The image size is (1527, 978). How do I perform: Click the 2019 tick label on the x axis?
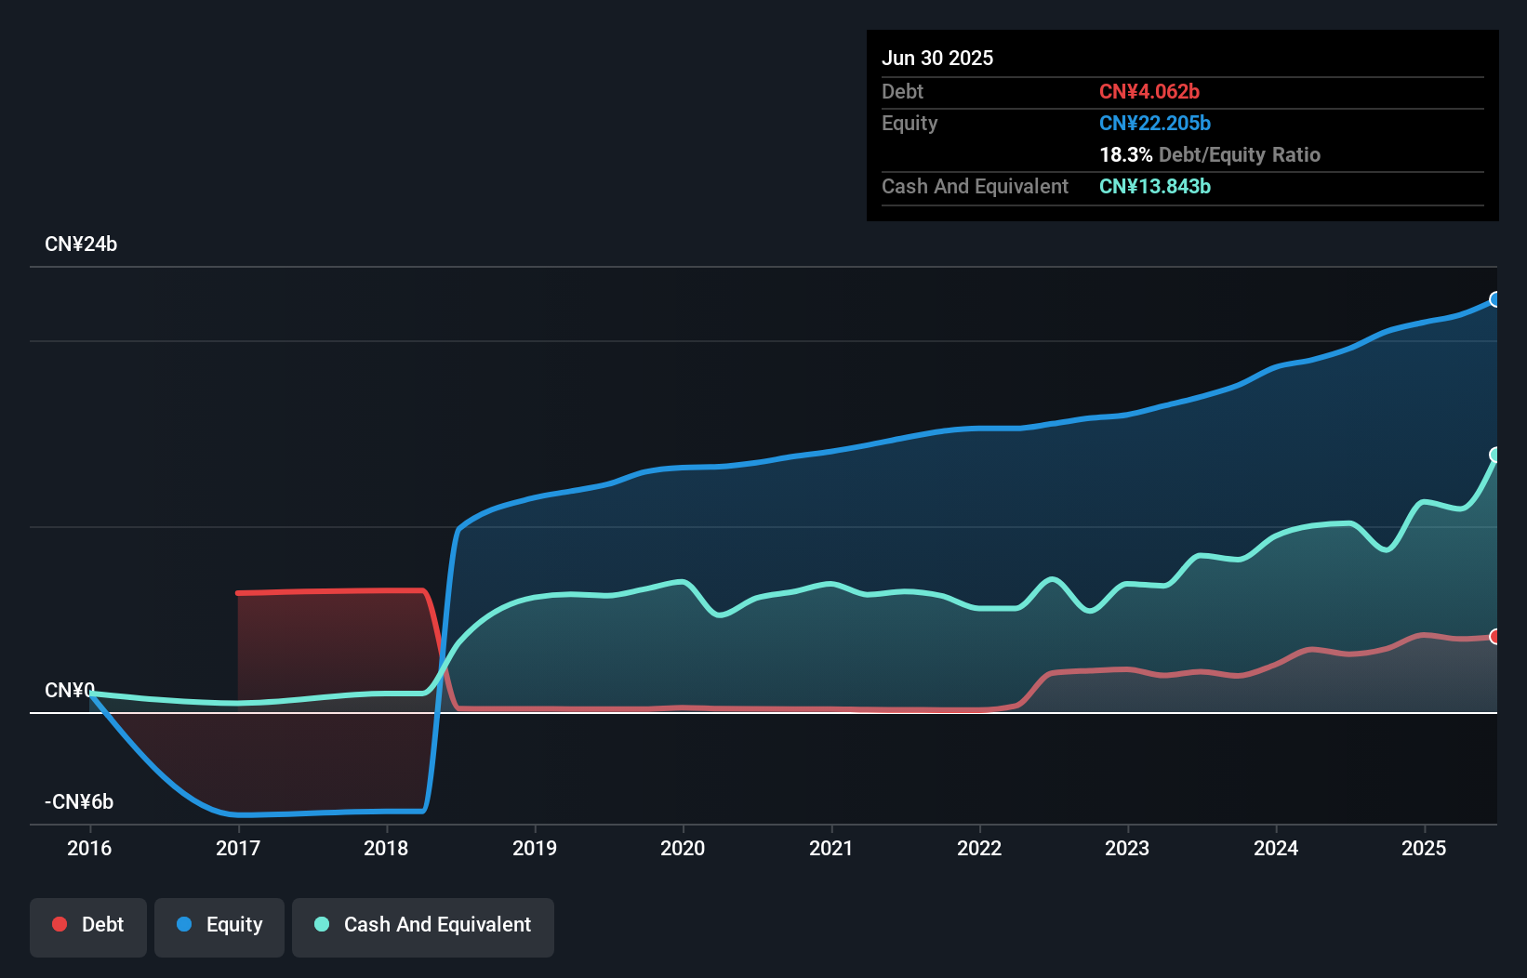coord(535,848)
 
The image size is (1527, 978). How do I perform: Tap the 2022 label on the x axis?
coord(979,848)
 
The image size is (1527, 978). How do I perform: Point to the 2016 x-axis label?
coord(89,848)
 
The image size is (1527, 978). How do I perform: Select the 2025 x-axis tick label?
coord(1424,848)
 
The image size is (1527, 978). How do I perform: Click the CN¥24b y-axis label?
coord(81,244)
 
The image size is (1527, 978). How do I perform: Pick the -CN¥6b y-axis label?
coord(79,801)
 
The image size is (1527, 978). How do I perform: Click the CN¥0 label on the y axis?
coord(70,690)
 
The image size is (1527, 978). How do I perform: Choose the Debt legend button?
coord(88,925)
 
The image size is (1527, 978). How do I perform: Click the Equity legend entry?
coord(219,925)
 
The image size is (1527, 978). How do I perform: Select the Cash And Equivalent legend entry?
coord(423,925)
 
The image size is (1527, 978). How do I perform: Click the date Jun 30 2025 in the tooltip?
coord(937,58)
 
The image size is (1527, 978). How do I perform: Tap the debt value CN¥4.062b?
coord(1149,91)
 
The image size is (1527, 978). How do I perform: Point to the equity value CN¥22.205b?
coord(1155,123)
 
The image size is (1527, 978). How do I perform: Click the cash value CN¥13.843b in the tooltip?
coord(1155,186)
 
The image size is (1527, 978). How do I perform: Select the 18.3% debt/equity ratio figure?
coord(1126,154)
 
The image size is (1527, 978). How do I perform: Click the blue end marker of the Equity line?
coord(1495,299)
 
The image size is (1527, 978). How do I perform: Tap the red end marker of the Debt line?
coord(1495,637)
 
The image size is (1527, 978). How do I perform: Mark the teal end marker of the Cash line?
coord(1495,455)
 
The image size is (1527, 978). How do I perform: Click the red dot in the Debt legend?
coord(60,924)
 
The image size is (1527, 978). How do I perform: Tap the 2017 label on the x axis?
coord(238,848)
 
